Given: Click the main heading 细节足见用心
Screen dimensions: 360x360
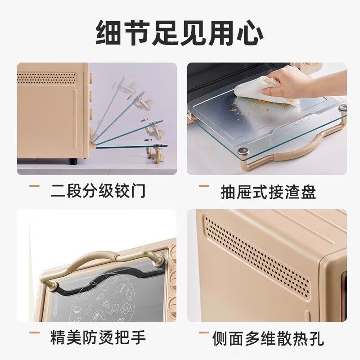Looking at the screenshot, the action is [x=180, y=33].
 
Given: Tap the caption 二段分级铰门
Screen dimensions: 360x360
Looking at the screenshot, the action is [x=98, y=190].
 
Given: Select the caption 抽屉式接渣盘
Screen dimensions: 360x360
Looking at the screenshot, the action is [x=268, y=192].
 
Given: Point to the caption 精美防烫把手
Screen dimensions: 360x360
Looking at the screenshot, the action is [x=98, y=337].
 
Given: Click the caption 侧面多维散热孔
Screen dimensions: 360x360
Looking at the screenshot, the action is [x=268, y=338].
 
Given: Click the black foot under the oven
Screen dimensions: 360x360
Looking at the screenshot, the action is [x=73, y=161].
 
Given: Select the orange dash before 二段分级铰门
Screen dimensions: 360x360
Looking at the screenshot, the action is [x=35, y=186].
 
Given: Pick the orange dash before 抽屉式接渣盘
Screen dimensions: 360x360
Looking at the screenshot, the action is [x=204, y=186].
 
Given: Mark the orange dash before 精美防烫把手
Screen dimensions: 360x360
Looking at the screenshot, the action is [x=35, y=332].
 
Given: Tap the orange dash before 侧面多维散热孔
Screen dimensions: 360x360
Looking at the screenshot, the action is [x=204, y=332].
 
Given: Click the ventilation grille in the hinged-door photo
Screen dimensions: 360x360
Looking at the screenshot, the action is [x=47, y=78].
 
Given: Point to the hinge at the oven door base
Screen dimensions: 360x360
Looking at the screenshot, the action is [x=92, y=144].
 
